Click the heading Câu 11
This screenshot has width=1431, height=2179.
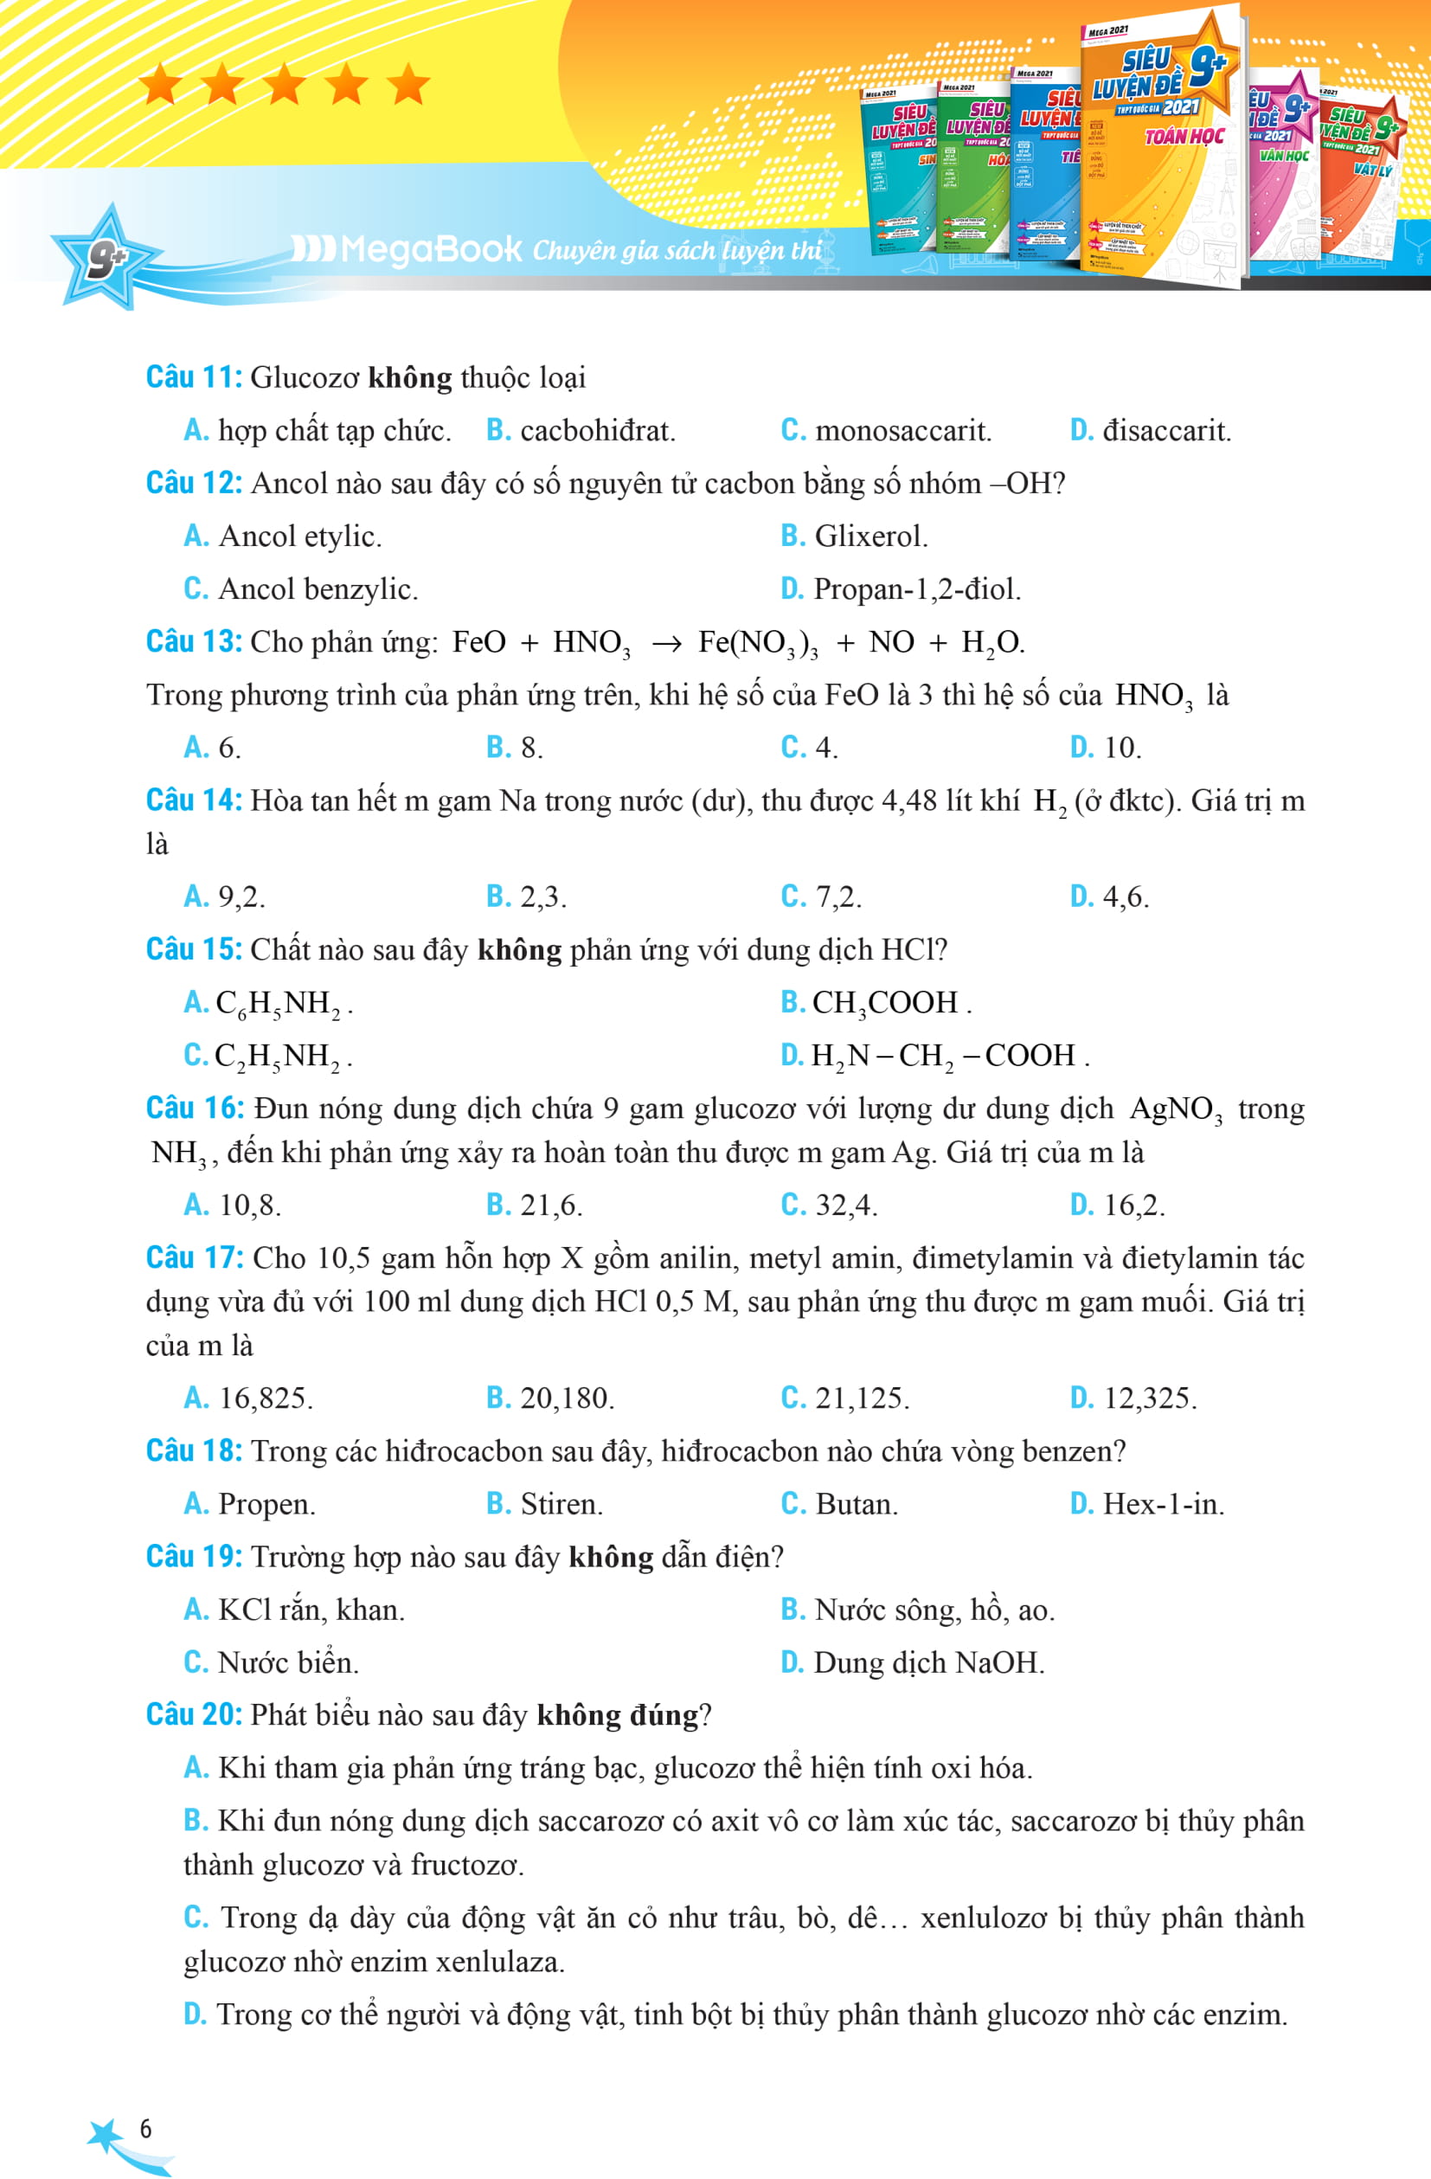[x=193, y=377]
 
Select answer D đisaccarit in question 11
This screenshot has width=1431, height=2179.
[x=1151, y=430]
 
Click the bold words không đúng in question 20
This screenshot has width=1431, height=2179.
[x=617, y=1715]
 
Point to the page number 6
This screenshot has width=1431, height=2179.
[x=145, y=2128]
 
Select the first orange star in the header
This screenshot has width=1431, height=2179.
[x=161, y=85]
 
